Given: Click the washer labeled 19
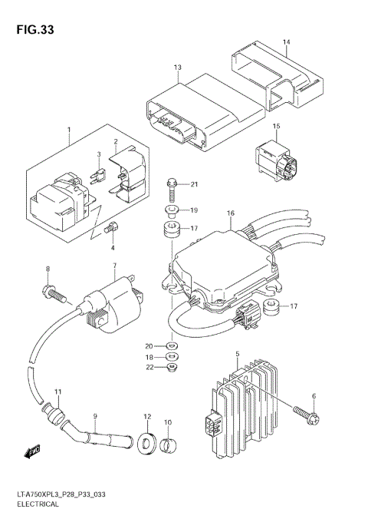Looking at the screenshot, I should pyautogui.click(x=171, y=210).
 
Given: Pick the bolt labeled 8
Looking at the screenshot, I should pyautogui.click(x=53, y=292).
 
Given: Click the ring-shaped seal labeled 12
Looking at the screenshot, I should pyautogui.click(x=146, y=444).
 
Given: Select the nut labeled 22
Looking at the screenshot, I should pyautogui.click(x=171, y=368).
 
